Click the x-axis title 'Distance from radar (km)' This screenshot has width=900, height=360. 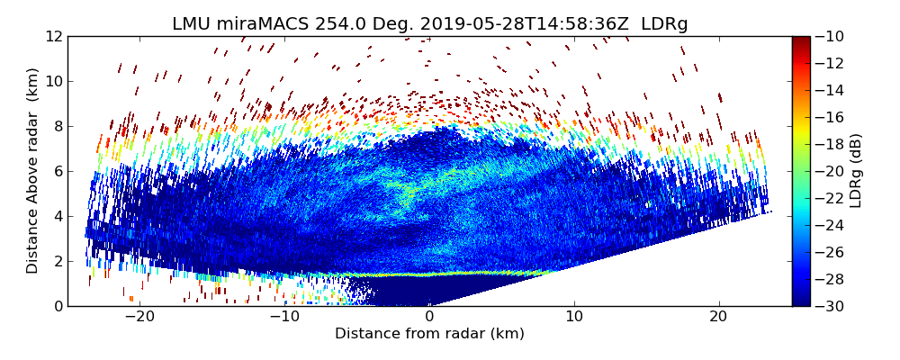(x=429, y=334)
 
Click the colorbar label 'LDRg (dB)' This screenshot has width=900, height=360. (x=856, y=171)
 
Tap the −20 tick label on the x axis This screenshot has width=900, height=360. (x=139, y=318)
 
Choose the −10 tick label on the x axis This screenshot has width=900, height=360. (x=284, y=318)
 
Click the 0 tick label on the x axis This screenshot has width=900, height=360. (x=429, y=318)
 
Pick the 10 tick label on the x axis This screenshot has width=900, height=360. (x=574, y=318)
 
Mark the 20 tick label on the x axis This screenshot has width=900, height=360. (x=718, y=318)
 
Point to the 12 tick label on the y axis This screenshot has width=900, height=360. (x=54, y=36)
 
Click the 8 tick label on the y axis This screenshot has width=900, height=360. (x=58, y=126)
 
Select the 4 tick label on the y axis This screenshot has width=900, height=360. (x=58, y=216)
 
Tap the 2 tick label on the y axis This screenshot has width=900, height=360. (x=58, y=261)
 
